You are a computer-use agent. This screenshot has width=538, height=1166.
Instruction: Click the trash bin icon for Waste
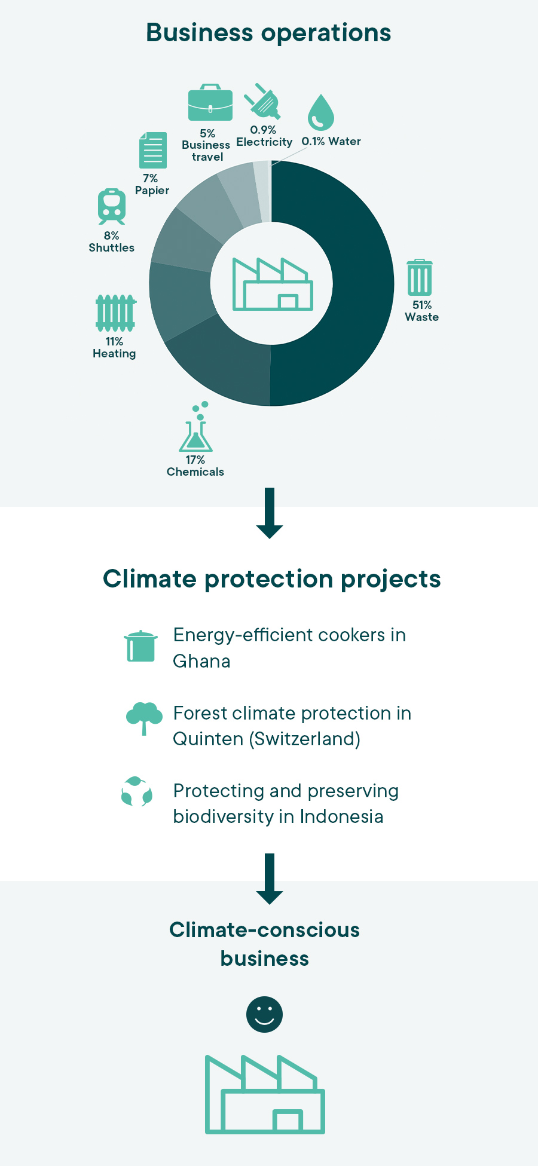coord(420,277)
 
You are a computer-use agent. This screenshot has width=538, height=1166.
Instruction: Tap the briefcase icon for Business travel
coord(210,103)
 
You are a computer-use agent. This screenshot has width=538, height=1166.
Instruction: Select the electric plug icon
coord(262,101)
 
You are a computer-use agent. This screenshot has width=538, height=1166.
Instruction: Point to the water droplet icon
coord(320,112)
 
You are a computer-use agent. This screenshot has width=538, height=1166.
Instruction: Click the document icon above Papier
coord(152,150)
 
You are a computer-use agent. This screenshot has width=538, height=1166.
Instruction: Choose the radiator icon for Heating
coord(116,313)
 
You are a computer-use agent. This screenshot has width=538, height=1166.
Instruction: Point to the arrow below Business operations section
coord(270,513)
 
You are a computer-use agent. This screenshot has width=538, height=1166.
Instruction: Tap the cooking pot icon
coord(141,646)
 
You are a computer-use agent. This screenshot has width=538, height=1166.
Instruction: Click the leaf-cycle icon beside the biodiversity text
coord(137,791)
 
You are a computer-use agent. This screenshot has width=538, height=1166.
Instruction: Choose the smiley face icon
coord(264,1014)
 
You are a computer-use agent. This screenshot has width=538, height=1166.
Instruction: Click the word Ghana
coord(201,661)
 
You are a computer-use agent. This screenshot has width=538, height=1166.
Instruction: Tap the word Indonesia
coord(341,816)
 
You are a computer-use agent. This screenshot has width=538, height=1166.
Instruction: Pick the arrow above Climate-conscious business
coord(270,879)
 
